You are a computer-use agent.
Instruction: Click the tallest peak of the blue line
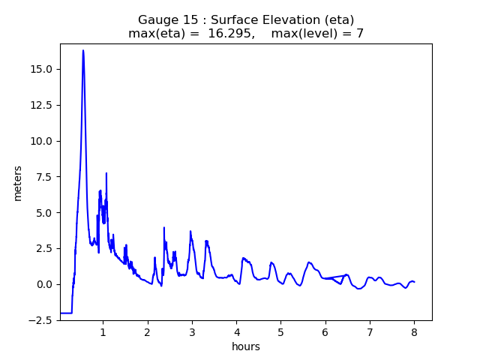click(x=83, y=50)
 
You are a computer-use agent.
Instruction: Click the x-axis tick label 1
click(x=103, y=331)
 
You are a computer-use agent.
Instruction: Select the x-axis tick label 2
click(x=147, y=331)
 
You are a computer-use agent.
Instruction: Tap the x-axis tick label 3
click(x=192, y=331)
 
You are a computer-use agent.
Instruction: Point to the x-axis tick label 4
click(x=236, y=331)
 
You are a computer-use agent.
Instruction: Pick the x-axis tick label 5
click(x=280, y=331)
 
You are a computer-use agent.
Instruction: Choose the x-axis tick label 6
click(x=325, y=331)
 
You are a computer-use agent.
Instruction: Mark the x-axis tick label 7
click(x=370, y=331)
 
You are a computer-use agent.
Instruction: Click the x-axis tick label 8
click(x=414, y=331)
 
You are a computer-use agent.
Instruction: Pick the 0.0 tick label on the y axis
click(x=43, y=284)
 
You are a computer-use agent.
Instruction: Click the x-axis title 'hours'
click(x=246, y=346)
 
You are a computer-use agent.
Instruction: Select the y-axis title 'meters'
click(x=18, y=183)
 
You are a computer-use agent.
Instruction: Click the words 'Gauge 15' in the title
click(x=163, y=19)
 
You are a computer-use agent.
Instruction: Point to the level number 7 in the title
click(x=360, y=34)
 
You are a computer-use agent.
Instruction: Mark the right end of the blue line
click(x=415, y=282)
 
